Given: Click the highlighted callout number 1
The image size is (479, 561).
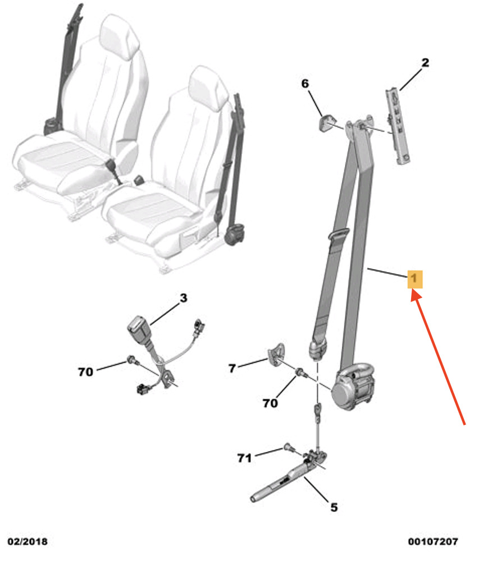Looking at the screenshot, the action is (x=415, y=279).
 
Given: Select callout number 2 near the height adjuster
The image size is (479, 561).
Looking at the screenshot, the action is (x=425, y=63).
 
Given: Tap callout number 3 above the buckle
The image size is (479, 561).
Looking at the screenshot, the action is (x=183, y=298).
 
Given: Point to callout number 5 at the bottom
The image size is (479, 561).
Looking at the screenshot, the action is (x=334, y=507).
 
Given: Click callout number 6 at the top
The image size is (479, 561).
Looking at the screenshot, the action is (x=305, y=84).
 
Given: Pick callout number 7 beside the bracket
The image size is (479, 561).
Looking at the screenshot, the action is (x=232, y=368).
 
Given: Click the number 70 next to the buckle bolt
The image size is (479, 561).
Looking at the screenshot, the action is (x=85, y=372).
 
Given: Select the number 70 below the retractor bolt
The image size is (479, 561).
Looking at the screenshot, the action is (x=270, y=403).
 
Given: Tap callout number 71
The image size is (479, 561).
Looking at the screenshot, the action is (x=244, y=458).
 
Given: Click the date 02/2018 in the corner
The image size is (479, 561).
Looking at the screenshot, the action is (x=28, y=541).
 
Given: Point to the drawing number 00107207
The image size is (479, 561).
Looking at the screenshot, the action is (x=433, y=541).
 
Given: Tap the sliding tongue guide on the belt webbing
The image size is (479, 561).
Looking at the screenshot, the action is (x=338, y=234).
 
